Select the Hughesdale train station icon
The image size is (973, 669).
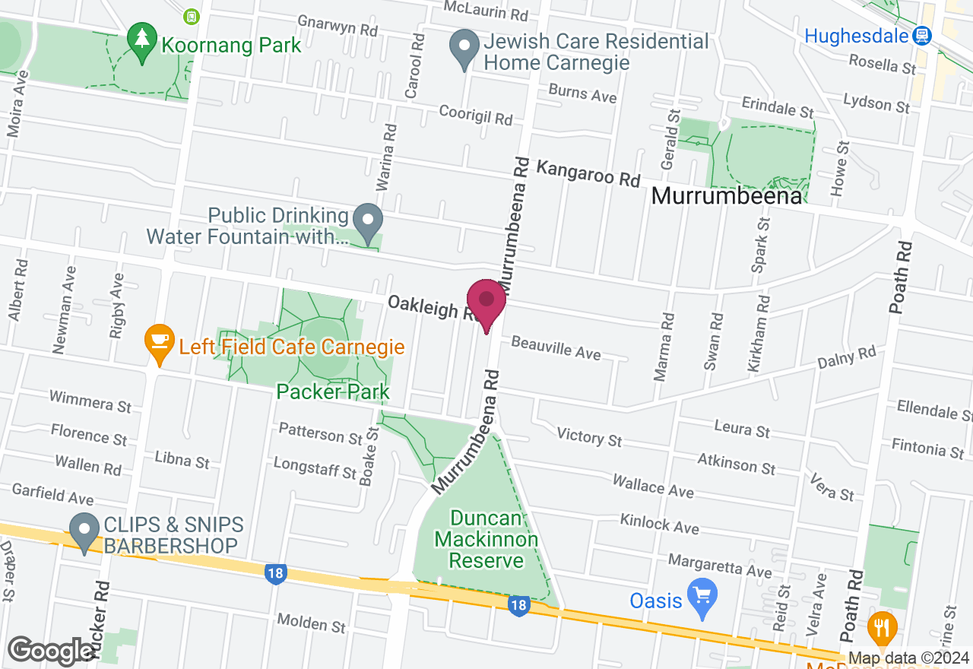click(922, 35)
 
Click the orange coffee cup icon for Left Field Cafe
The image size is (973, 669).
click(159, 338)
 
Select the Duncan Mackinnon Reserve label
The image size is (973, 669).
click(486, 540)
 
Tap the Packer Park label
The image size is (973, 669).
click(333, 392)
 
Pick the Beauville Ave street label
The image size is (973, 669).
click(556, 347)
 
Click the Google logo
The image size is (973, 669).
click(52, 651)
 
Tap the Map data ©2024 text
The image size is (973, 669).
click(908, 658)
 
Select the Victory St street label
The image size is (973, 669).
click(589, 436)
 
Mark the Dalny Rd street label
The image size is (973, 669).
click(846, 357)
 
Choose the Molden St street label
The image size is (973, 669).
click(312, 623)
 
